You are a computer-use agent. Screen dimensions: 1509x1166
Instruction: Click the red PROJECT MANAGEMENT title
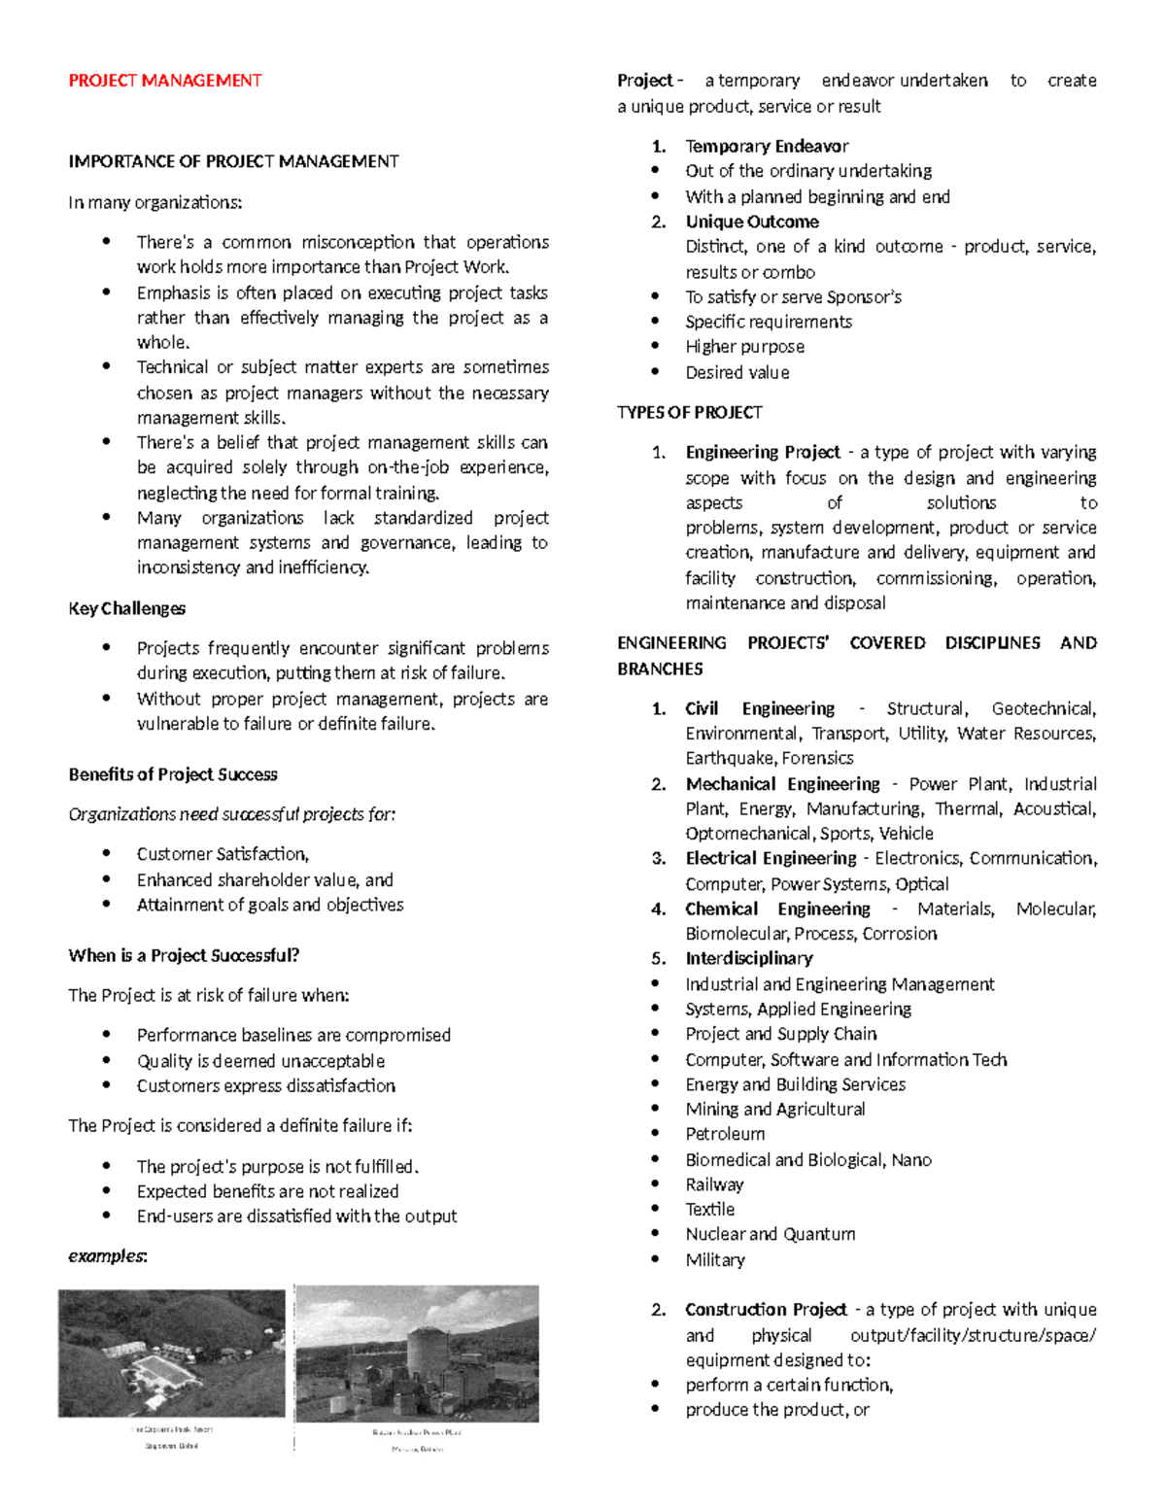coord(164,81)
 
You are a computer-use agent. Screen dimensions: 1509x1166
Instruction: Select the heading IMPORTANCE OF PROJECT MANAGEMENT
coord(233,161)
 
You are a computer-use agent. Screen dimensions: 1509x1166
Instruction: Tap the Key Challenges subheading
coord(126,608)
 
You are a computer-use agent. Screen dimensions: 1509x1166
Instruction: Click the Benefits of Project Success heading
coord(173,774)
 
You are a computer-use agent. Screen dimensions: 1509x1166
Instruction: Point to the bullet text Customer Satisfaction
coord(223,854)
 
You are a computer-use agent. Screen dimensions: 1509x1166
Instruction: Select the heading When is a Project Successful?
coord(184,955)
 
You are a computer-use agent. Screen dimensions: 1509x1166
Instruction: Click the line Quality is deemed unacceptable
coord(260,1061)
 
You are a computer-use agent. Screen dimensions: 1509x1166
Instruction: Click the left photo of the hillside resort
coord(172,1353)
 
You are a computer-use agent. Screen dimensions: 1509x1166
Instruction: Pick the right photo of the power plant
coord(417,1354)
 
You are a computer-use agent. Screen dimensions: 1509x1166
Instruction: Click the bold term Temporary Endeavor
coord(767,146)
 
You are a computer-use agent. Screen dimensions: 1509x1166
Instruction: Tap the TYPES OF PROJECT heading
coord(689,412)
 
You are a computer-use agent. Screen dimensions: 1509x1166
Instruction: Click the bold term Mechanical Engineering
coord(782,784)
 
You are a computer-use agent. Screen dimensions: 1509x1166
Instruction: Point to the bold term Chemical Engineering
coord(777,909)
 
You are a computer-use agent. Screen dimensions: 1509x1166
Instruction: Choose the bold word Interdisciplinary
coord(748,958)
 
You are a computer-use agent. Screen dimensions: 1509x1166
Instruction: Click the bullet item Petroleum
coord(725,1134)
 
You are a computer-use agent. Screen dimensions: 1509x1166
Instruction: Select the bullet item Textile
coord(709,1209)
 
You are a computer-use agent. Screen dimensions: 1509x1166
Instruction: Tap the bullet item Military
coord(714,1260)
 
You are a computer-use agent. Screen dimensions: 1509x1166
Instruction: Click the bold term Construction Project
coord(766,1310)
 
